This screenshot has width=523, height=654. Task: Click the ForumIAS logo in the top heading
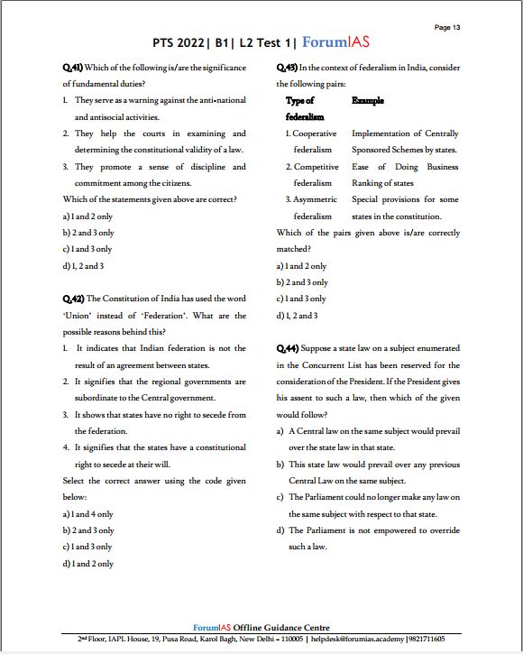335,42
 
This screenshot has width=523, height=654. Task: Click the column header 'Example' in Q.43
367,101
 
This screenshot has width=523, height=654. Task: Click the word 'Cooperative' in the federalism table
315,134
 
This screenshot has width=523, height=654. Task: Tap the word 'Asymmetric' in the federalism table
314,199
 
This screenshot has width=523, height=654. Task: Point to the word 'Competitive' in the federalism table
316,167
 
